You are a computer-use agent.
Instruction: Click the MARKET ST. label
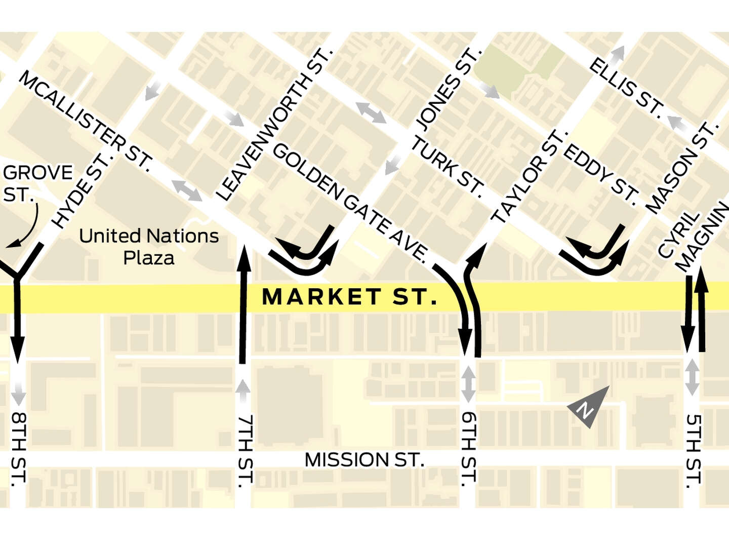coord(349,297)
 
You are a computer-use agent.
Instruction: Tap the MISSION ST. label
coord(364,460)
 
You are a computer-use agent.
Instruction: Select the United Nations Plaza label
coord(149,247)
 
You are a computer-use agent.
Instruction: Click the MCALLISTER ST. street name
coord(86,121)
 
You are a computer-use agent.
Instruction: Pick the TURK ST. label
coord(447,165)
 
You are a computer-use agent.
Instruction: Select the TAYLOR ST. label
coord(529,177)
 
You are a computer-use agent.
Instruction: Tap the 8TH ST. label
coord(18,449)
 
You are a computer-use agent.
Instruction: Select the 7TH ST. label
coord(245,451)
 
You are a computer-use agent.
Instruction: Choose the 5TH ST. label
coord(694,451)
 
